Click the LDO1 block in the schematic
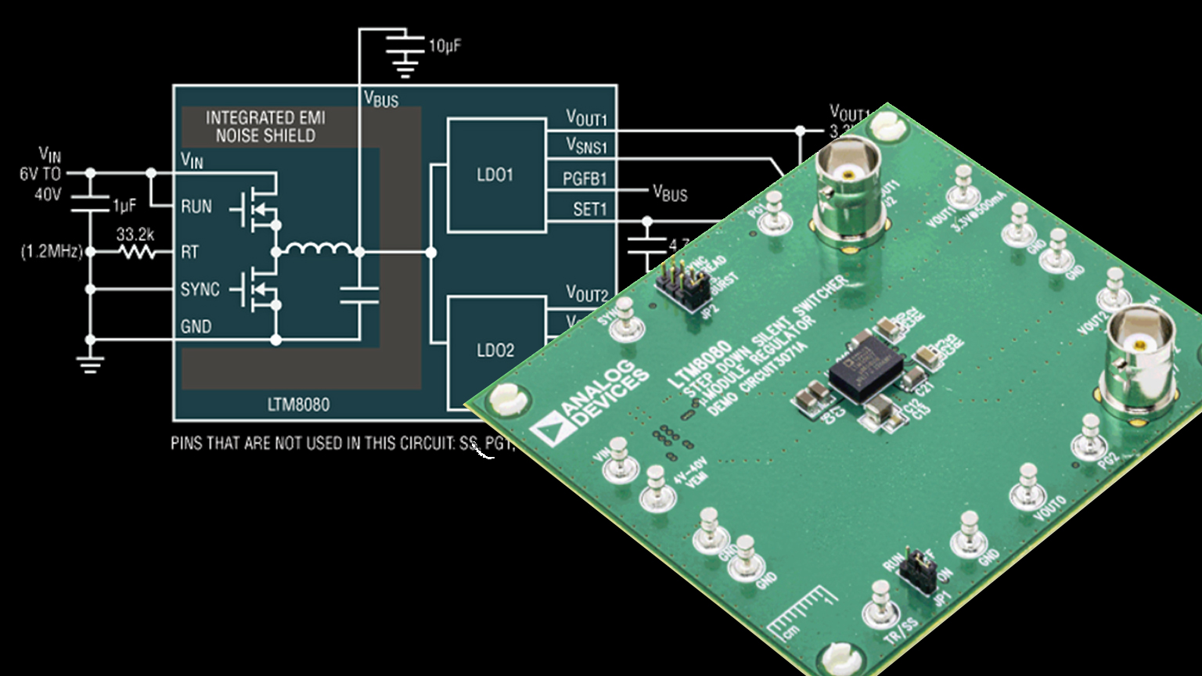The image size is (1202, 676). [495, 175]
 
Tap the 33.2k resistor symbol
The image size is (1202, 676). [135, 252]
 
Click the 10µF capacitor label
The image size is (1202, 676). [444, 46]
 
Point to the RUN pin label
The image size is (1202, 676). [196, 207]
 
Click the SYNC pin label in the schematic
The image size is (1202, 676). [200, 289]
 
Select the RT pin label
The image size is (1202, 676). [189, 252]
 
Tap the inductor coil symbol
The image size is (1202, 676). [318, 249]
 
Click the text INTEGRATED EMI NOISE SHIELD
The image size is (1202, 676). [265, 127]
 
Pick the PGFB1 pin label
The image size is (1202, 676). [585, 179]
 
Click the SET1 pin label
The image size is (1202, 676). [589, 209]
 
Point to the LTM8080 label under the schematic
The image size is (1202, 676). [298, 405]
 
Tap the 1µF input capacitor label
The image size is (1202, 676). [124, 206]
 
